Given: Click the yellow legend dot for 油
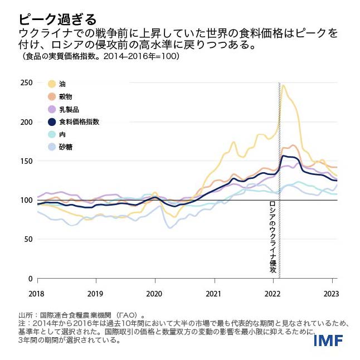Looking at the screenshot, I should pos(52,84).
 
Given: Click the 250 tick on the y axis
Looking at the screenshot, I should pos(26,83).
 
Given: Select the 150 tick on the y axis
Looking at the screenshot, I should pos(26,161).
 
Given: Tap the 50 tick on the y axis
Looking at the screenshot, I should pos(28,239).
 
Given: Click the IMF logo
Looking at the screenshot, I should pos(328,339).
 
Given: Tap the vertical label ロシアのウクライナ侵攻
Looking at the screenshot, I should pos(273,237).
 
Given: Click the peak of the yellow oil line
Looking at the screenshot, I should pos(284,85).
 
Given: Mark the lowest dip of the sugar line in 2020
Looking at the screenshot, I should pos(169,227).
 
